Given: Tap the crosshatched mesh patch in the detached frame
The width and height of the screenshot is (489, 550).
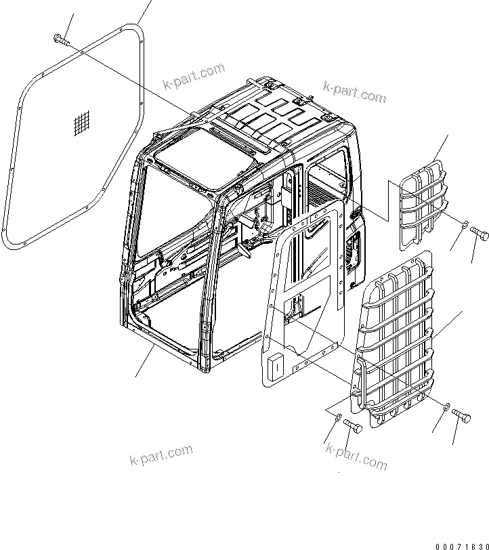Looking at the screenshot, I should tap(81, 123).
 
